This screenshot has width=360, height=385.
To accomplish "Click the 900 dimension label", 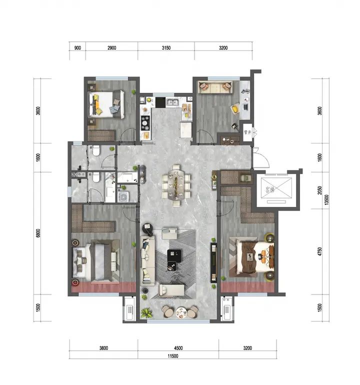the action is [x=77, y=48].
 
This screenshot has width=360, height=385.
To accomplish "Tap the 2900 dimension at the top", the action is [x=111, y=48].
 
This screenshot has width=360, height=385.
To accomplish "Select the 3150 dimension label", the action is [x=166, y=48].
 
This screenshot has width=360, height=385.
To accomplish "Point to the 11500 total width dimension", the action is [x=173, y=356].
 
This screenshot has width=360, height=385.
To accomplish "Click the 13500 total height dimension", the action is [x=326, y=200].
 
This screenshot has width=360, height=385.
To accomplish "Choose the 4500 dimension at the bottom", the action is [x=178, y=348].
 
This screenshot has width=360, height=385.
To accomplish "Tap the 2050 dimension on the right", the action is [x=319, y=190].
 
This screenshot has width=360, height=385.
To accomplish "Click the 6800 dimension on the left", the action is [x=38, y=233].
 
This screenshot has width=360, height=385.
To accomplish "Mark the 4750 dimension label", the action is [x=319, y=251].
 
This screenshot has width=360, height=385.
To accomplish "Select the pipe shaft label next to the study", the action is [x=247, y=132].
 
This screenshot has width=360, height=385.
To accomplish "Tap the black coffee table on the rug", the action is [x=174, y=256].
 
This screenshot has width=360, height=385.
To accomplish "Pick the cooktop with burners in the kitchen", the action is [x=145, y=123].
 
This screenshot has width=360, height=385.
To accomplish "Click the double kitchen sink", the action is [x=172, y=102].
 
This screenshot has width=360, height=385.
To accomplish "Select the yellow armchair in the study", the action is [x=235, y=108].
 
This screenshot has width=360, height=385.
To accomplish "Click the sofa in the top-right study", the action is [x=215, y=87].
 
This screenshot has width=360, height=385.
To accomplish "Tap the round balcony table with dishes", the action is [x=181, y=313].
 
